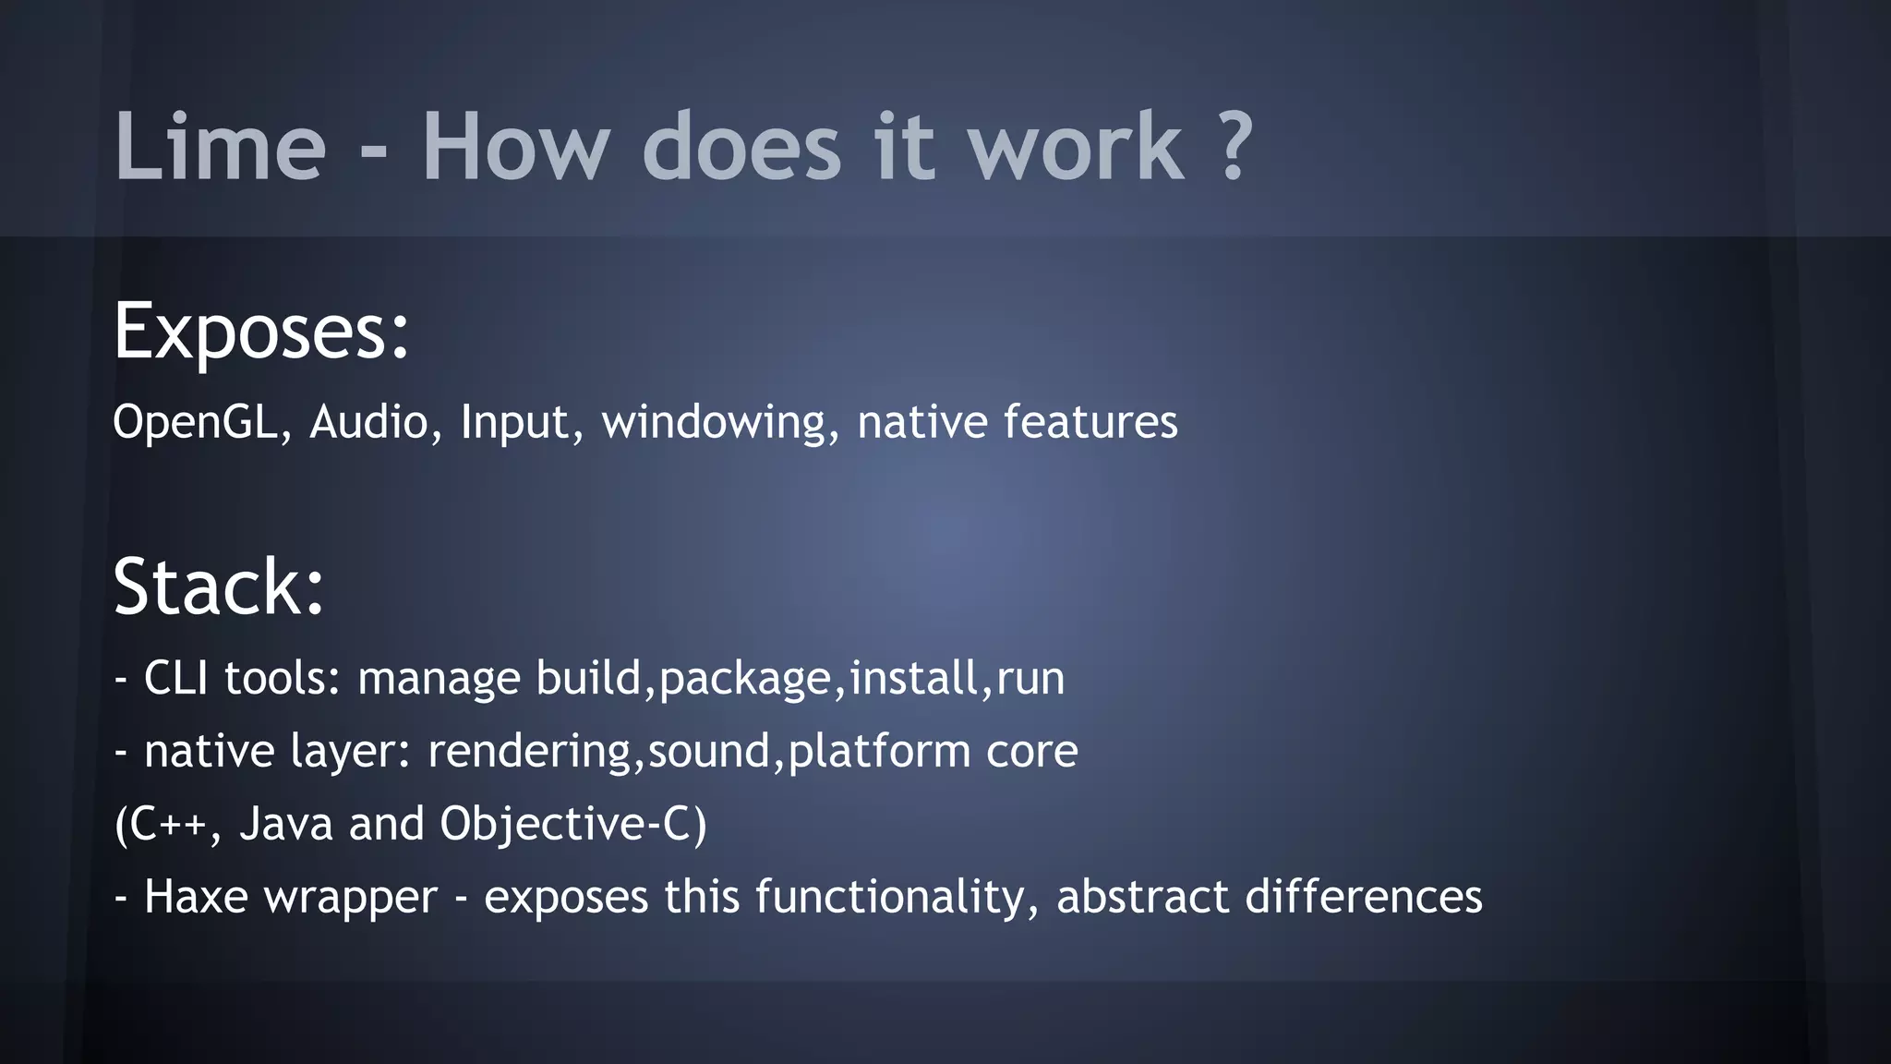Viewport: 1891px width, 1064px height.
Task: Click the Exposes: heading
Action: point(261,332)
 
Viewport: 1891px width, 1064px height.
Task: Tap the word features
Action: point(1090,422)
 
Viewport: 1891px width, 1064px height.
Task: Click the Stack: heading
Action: point(219,587)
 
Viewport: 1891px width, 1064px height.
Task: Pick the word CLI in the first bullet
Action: point(175,678)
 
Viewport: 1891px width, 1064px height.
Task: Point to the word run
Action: point(1030,680)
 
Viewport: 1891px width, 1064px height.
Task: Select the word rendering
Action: point(530,752)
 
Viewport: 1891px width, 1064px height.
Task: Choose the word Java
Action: point(285,824)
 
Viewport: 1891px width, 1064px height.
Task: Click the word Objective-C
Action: point(565,824)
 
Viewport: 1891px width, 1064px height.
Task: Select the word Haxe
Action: point(196,897)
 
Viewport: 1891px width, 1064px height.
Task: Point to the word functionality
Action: point(894,897)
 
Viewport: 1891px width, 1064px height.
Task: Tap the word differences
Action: point(1363,897)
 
